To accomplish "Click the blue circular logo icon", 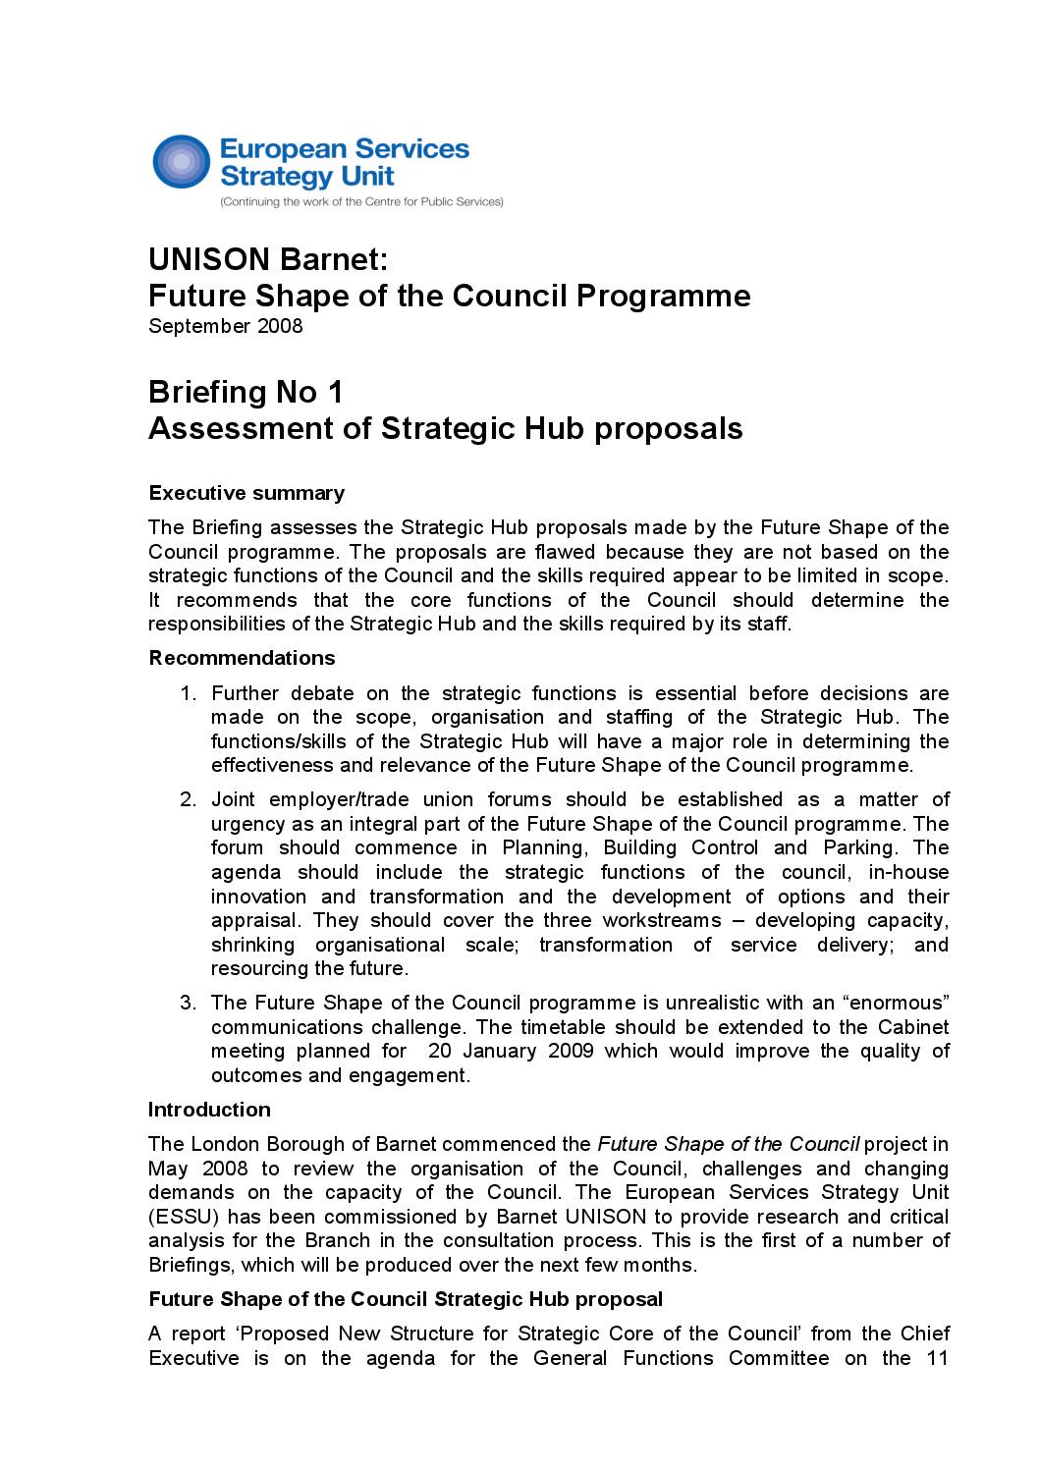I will tap(182, 162).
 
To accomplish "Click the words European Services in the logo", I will tap(344, 149).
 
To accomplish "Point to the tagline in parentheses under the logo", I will tap(361, 201).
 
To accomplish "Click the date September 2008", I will tap(226, 326).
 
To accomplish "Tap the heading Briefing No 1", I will tap(246, 392).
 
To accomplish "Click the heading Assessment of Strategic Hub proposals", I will tap(445, 428).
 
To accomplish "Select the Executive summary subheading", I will tap(246, 493).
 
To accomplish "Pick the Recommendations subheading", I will tap(242, 658).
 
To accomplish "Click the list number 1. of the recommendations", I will tap(189, 693).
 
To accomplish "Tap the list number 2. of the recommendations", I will tap(189, 799).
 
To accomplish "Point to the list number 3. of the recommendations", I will tap(189, 1003).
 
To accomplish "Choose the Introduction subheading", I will tap(209, 1110).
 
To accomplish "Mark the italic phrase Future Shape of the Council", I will tap(729, 1144).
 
